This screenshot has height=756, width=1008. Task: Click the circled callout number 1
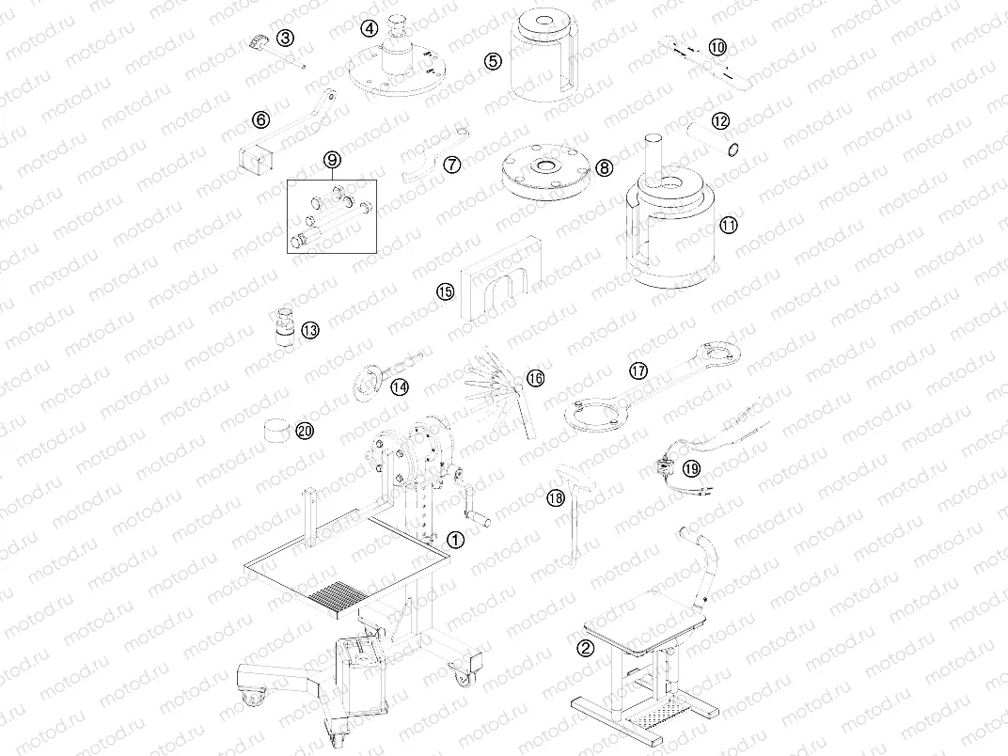(455, 540)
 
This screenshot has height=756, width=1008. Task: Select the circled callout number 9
(332, 160)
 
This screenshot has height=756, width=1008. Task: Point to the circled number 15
(445, 291)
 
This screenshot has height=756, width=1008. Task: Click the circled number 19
(691, 468)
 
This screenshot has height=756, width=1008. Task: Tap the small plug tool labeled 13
(283, 328)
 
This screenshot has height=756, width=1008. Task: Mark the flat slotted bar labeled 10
(704, 62)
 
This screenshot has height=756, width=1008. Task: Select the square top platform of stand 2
(643, 621)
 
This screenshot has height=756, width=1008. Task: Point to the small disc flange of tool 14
(363, 384)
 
